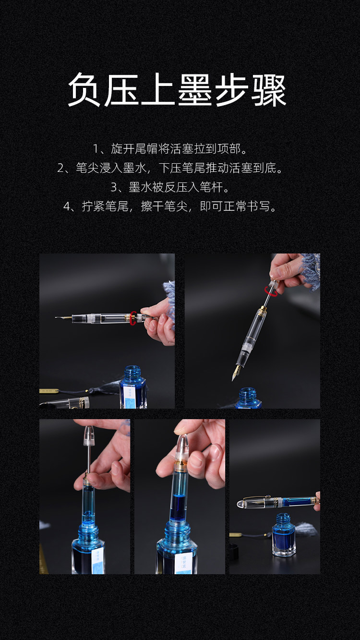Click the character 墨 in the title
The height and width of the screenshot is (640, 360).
pos(195,89)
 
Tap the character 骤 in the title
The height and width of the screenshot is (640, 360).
pos(269,89)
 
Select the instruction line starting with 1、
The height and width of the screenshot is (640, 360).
pos(170,149)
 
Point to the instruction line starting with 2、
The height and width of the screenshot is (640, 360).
pos(170,168)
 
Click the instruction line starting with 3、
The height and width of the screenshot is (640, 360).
pos(170,187)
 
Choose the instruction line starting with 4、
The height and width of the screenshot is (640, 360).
pos(170,206)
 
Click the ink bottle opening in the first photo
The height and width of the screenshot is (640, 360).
pos(132,369)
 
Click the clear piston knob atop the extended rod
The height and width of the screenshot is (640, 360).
pos(89,435)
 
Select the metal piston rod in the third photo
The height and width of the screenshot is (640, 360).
pos(88,459)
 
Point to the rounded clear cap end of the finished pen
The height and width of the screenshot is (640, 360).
pos(241,504)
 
